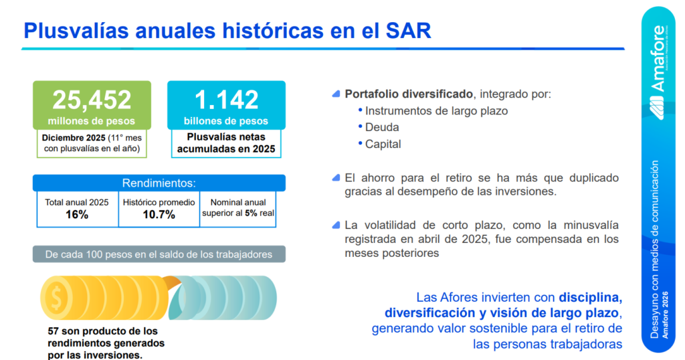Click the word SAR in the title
coord(409,31)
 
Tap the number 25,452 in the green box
coord(92,100)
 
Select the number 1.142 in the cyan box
coord(226,100)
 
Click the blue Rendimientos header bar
coord(159,183)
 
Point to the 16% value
coord(77,215)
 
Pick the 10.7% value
coord(159,215)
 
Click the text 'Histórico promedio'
coord(159,203)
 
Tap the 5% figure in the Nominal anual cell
coord(251,213)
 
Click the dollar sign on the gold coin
coord(56,298)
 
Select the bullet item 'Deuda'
coord(382,127)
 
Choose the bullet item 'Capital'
coord(383,144)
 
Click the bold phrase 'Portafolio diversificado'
coord(409,94)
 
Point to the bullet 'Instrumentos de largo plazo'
coord(436,111)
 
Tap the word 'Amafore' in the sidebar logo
coord(658,59)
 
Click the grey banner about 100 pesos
coord(159,254)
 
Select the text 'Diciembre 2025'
coord(74,138)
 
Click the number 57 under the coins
coord(54,331)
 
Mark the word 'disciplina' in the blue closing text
coord(591,298)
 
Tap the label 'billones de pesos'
coord(226,121)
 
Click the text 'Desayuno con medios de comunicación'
coord(654,250)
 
